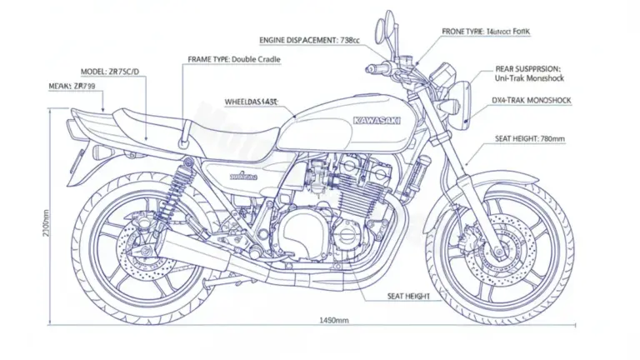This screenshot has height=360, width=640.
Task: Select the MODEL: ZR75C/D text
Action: coord(112,72)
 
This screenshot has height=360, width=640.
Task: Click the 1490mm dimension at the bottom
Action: coord(333,320)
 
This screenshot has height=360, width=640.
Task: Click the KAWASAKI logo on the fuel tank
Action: coord(377,121)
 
